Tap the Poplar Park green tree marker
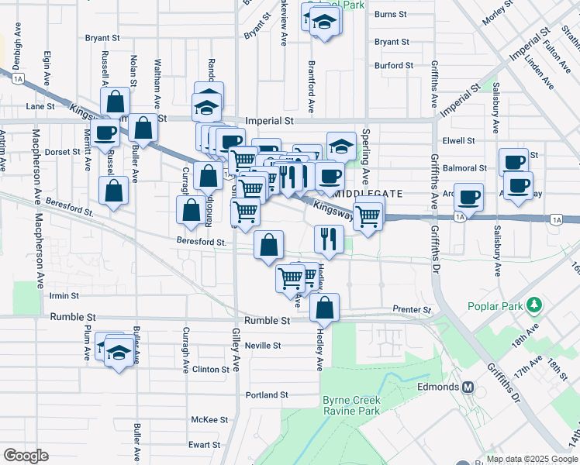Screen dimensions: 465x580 point(534,305)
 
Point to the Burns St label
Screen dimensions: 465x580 point(390,14)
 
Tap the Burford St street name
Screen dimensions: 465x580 point(393,66)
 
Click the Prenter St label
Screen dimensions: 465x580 point(411,310)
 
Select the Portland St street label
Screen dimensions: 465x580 point(267,394)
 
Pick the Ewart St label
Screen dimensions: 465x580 point(205,445)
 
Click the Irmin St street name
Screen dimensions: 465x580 point(64,296)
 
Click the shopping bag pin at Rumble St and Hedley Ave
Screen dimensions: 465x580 point(325,308)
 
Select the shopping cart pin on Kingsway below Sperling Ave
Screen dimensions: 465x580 point(369,215)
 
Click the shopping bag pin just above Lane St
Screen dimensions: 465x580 point(115,102)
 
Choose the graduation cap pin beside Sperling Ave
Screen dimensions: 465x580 point(341,146)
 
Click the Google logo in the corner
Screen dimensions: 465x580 point(26,455)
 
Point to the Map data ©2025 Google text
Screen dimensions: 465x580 point(531,459)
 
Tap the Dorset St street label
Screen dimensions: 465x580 point(63,153)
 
